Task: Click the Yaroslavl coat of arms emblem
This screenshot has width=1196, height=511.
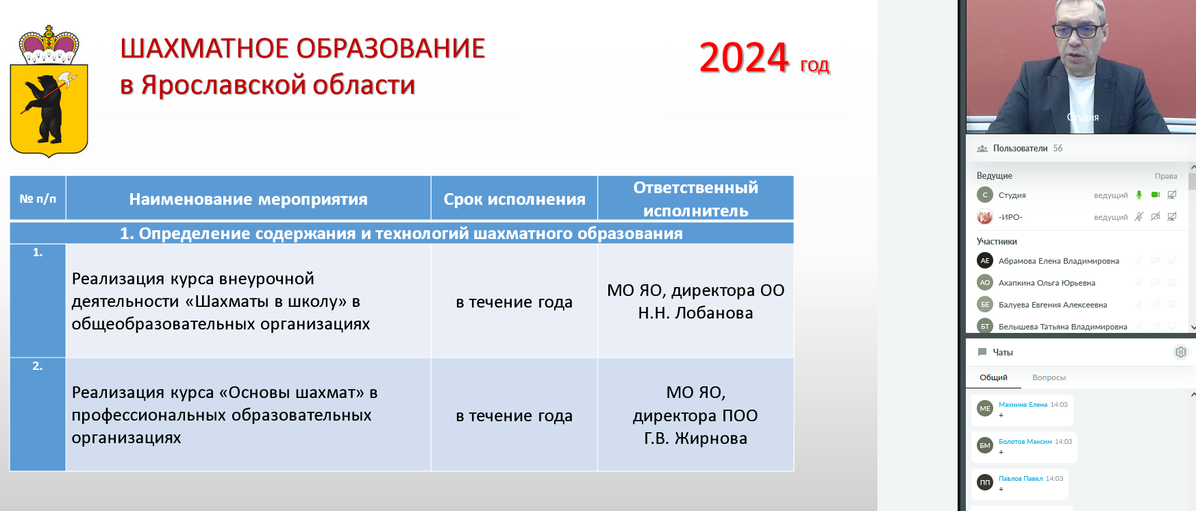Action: click(49, 91)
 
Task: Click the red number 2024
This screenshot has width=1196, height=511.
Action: click(744, 58)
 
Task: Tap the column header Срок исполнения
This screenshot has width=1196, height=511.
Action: click(514, 199)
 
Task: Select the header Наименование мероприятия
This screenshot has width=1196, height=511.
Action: click(248, 199)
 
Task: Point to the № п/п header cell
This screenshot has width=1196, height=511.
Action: click(38, 199)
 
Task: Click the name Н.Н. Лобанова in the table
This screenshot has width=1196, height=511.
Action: click(695, 313)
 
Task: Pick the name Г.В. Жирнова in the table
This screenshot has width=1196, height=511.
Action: click(695, 438)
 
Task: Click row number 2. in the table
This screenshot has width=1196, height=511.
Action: click(38, 366)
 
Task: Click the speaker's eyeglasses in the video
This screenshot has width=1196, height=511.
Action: click(1077, 31)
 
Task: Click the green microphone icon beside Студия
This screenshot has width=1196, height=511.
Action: click(1139, 195)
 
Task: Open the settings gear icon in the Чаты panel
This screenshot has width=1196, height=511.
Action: click(1181, 352)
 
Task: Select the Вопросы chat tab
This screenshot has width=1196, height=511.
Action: click(1049, 377)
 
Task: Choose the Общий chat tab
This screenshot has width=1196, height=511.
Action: click(993, 377)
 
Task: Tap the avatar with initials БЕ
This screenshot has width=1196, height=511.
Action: click(985, 305)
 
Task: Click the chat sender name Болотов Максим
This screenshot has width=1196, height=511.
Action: click(1025, 442)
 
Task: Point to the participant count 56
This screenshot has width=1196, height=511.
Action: click(1058, 149)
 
